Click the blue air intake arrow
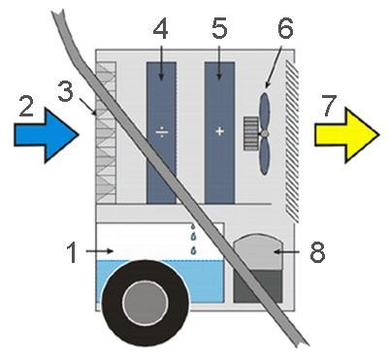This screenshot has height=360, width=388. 46,135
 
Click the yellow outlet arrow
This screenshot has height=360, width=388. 346,135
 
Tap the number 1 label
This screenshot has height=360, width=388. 73,252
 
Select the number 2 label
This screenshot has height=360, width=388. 26,106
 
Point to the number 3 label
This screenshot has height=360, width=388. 66,91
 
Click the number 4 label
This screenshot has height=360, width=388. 160,28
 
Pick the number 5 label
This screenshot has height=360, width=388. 219,28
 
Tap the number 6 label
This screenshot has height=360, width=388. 285,28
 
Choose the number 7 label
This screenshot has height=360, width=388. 330,106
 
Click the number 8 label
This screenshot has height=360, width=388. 317,252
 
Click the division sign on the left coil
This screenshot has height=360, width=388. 162,132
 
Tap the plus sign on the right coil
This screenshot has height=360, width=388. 219,131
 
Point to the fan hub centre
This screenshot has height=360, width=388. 265,134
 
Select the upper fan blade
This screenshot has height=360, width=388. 265,112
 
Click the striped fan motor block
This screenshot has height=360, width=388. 251,134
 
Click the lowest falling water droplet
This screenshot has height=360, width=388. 194,250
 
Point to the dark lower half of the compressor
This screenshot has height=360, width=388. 258,286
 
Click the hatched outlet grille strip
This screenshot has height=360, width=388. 292,141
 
